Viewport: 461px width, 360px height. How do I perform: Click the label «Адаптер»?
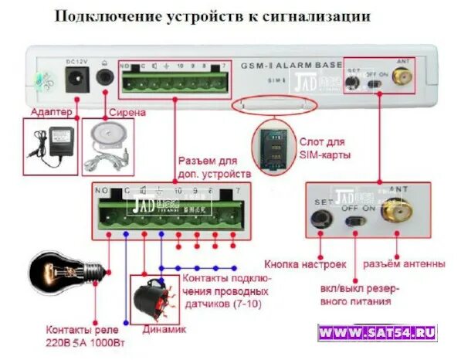[x=52, y=113]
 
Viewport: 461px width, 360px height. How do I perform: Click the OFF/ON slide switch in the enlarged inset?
[x=357, y=220]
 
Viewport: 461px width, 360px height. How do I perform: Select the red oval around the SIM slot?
[x=276, y=104]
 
